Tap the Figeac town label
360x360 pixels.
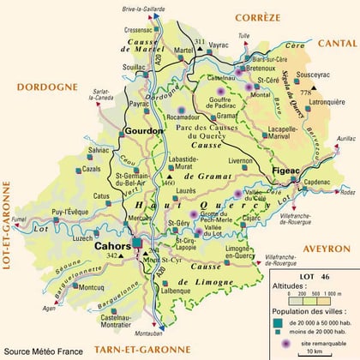pos(285,171)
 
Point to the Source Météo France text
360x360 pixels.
pos(43,351)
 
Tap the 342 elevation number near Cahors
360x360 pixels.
pos(111,256)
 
